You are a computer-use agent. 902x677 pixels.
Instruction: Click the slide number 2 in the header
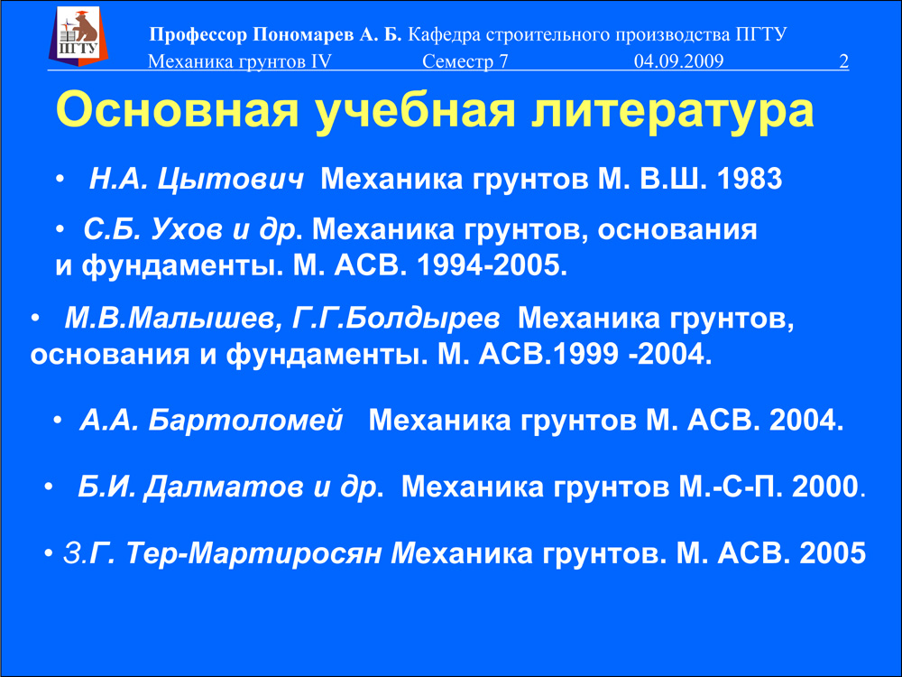844,61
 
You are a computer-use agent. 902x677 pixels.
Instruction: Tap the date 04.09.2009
679,61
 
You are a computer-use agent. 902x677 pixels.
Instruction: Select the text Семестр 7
465,61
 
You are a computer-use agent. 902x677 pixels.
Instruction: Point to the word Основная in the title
177,110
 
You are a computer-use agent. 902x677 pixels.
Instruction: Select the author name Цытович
230,179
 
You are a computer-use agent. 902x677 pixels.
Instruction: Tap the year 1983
750,179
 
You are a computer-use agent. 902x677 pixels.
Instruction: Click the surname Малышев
201,319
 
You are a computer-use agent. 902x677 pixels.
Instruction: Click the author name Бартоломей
245,421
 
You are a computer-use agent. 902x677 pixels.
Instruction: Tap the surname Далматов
223,487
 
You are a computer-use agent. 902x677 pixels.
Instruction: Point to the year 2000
825,487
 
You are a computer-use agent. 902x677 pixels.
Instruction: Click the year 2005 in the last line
833,553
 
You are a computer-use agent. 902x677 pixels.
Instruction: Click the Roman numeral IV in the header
322,61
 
